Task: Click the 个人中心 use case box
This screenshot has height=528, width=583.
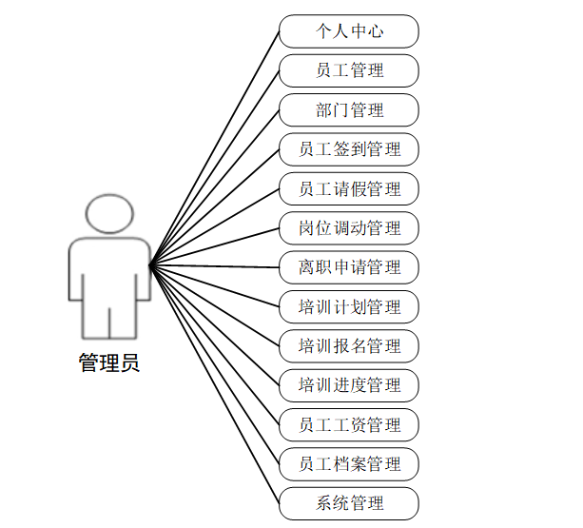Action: coord(349,31)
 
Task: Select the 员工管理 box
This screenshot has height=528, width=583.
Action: coord(349,70)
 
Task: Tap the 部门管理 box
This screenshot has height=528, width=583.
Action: coord(349,110)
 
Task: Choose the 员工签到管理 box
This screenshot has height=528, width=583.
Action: coord(349,149)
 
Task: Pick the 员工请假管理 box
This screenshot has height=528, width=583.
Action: coord(349,188)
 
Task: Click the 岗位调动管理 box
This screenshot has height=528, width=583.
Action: coord(349,228)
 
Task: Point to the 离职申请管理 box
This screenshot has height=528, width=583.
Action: coord(349,267)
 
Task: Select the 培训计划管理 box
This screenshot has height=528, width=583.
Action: coord(349,306)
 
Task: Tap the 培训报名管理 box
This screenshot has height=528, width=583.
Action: coord(349,346)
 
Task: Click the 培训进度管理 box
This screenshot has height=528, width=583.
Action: coord(349,385)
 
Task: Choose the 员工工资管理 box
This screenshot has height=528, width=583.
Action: coord(349,425)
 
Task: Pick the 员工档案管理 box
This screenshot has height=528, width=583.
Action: coord(349,464)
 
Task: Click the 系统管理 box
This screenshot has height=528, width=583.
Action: coord(349,503)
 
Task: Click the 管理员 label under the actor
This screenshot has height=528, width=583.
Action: coord(108,362)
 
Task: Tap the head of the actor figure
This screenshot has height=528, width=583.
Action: coord(108,215)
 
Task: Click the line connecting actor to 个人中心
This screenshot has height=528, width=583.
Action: coord(215,147)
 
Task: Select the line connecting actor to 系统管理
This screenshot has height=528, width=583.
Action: coord(215,382)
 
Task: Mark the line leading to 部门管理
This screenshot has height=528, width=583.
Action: coord(215,186)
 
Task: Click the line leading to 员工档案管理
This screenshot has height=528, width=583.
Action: coord(215,363)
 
